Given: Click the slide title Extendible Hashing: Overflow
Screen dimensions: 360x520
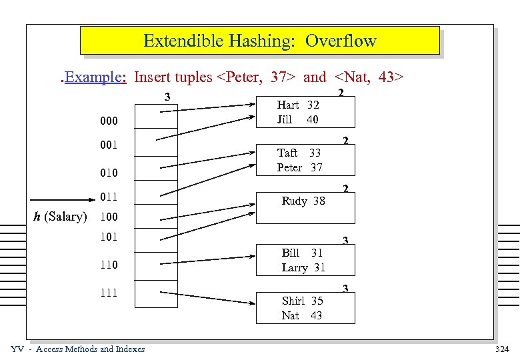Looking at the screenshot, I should point(260,41).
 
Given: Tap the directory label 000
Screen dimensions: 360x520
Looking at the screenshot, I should point(109,121).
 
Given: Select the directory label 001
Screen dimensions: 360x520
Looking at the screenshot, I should point(109,145).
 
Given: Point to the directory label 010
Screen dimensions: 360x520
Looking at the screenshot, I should point(109,173).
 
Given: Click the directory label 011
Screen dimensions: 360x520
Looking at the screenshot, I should point(109,197).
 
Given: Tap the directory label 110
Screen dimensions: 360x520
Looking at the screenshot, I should point(108,265).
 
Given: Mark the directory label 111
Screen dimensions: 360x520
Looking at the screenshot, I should point(108,292).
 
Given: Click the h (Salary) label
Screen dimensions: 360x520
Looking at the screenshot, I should point(60,217).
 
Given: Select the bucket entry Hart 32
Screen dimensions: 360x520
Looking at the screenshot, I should point(298,105).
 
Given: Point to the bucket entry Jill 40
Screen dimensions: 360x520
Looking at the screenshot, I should point(297,120).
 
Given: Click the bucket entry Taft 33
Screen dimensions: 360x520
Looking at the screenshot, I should point(299,153).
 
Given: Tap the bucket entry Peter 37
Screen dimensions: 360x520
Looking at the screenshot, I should point(299,167).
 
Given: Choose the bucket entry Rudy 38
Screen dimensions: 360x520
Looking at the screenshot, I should point(303,200).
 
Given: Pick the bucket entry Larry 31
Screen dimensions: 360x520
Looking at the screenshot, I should point(303,267).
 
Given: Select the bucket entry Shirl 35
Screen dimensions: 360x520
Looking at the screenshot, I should point(302,301).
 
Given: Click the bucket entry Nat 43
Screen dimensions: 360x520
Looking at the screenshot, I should point(301,315).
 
